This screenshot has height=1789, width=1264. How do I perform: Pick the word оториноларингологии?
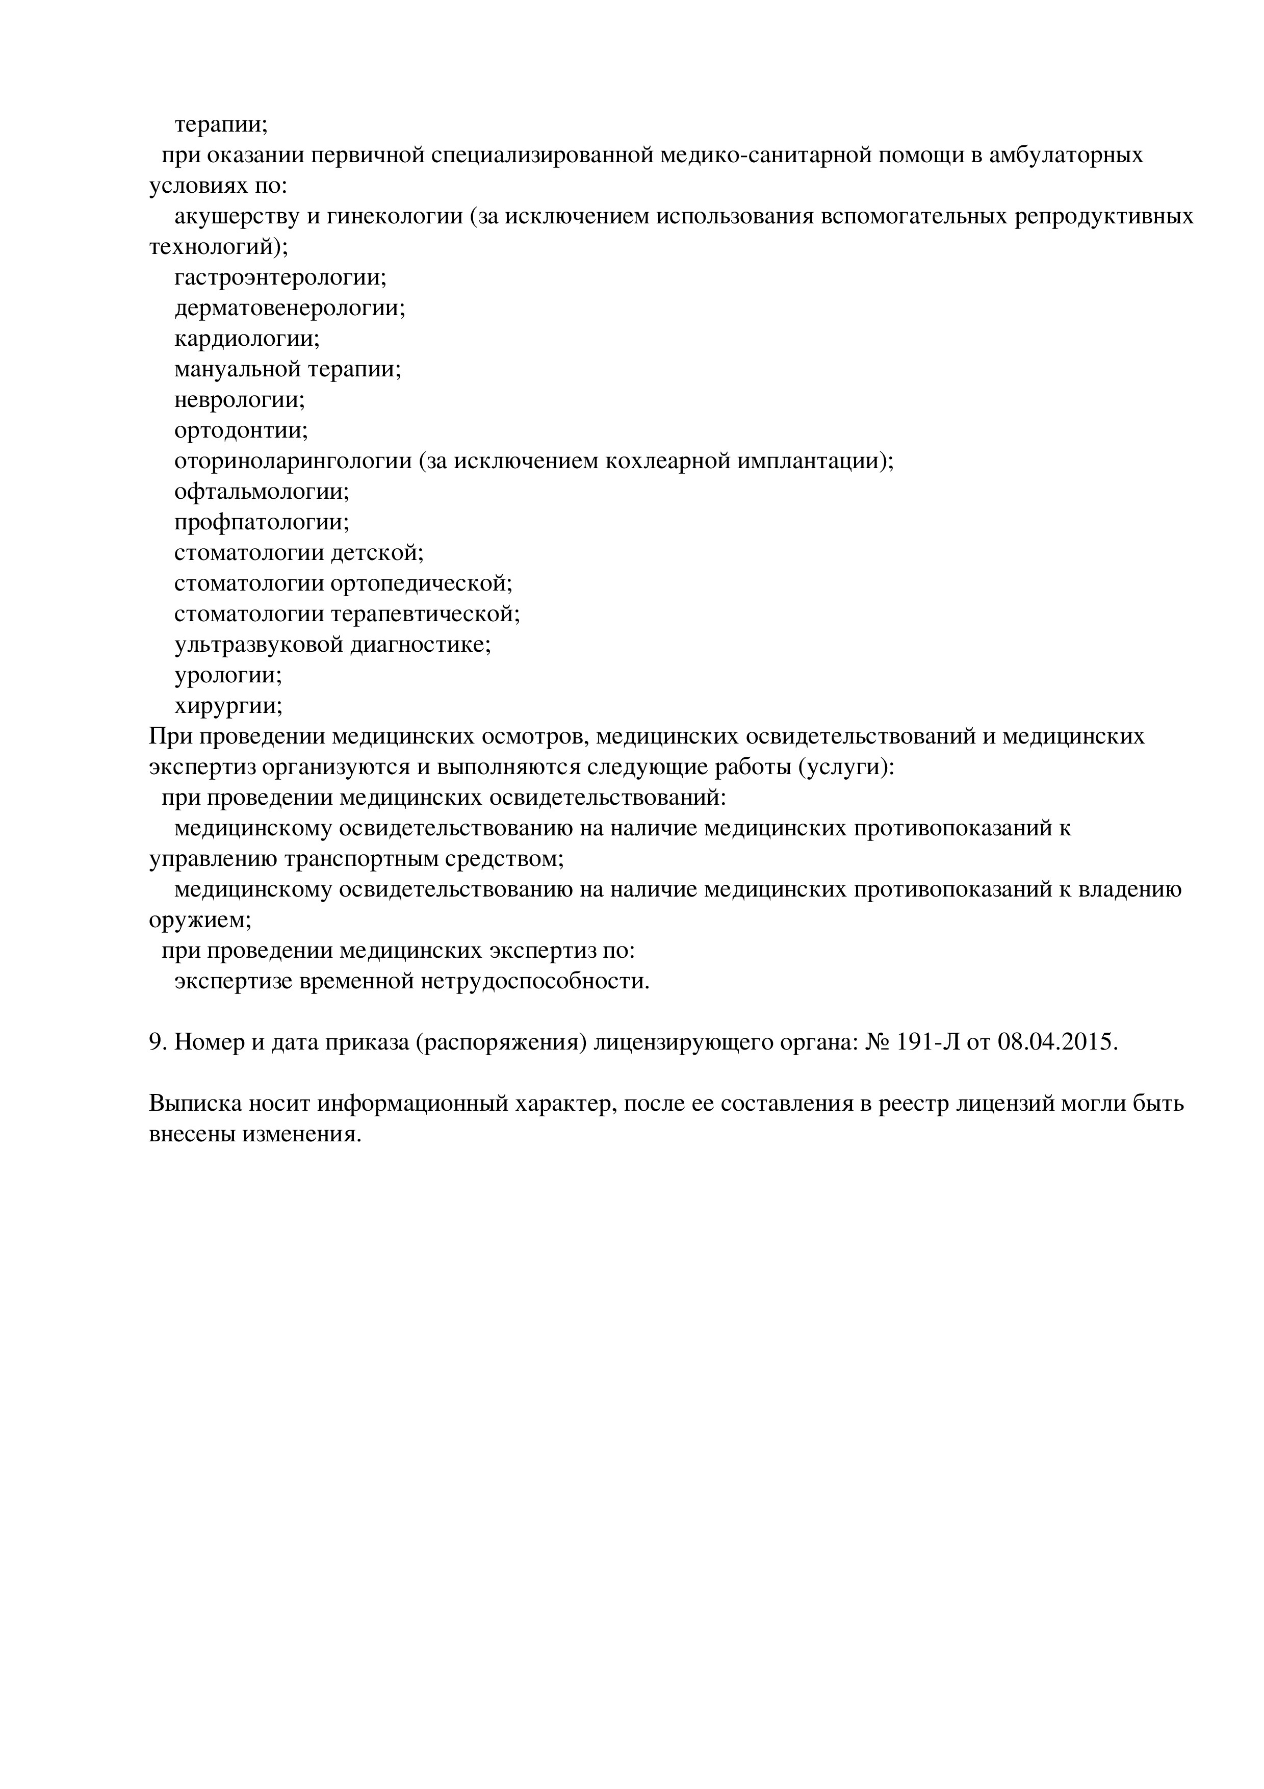(293, 462)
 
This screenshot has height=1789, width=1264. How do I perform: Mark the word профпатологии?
(261, 522)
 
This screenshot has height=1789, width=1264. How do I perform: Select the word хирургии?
(227, 706)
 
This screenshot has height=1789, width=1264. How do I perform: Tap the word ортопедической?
(421, 583)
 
